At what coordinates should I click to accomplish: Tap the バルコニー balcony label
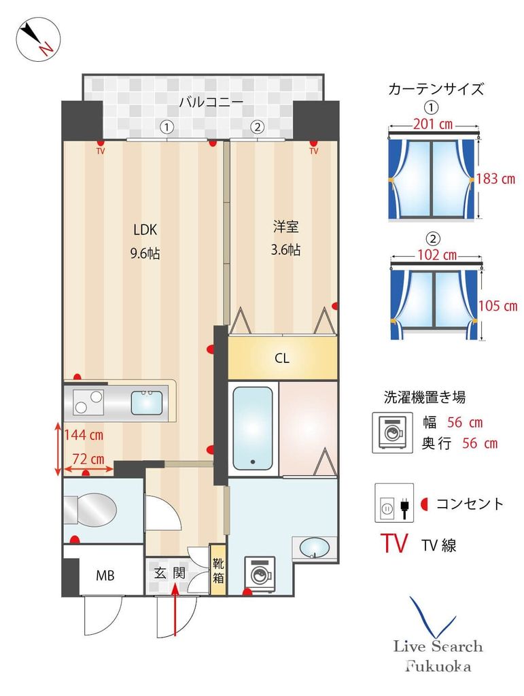point(211,103)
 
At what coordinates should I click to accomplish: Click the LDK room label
point(145,229)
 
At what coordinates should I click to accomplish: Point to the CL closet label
point(282,358)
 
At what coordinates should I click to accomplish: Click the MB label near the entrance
point(104,576)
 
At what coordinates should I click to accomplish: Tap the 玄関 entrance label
point(169,573)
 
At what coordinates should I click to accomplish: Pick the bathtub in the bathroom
point(253,428)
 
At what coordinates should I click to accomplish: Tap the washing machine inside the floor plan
point(260,572)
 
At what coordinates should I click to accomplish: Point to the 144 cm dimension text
point(83,434)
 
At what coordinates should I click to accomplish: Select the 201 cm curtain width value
point(434,124)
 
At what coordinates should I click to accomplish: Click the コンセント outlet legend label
point(470,504)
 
